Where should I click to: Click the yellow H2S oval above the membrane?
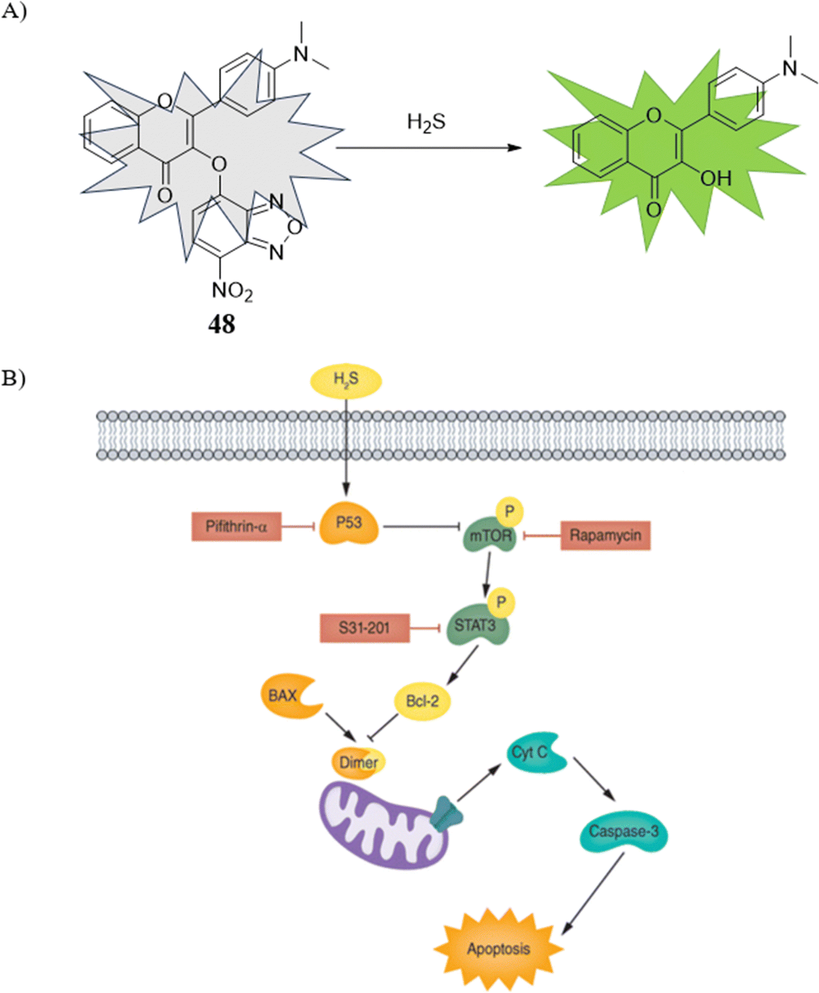point(346,381)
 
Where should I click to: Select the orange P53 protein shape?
point(349,523)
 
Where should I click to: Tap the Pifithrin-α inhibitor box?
point(236,527)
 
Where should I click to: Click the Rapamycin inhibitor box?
point(605,536)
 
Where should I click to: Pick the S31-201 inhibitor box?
point(364,628)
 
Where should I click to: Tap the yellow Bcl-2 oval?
point(422,701)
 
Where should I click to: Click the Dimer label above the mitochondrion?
point(358,762)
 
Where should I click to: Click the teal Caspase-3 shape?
point(624,831)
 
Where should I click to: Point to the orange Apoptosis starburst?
point(499,949)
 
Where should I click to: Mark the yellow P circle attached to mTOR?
point(510,512)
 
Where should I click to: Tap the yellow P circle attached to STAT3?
point(501,603)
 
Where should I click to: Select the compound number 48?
point(221,325)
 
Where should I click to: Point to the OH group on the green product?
point(715,179)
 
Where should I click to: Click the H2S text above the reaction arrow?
point(426,122)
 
